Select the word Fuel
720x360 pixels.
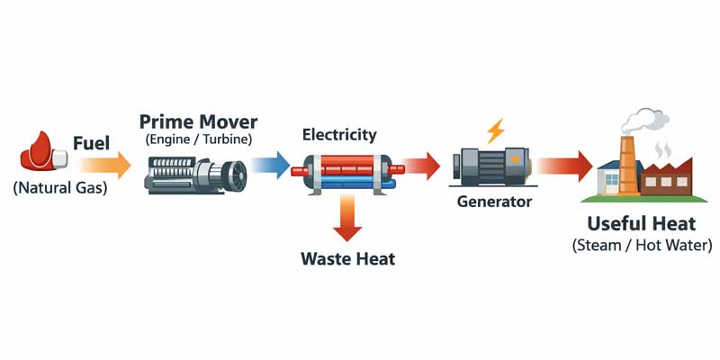(x=92, y=143)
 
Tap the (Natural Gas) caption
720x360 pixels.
(x=59, y=188)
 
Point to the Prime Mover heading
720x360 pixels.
(x=198, y=121)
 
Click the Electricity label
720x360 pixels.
(x=339, y=135)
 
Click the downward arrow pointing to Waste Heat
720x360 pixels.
(x=347, y=219)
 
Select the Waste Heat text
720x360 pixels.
(x=347, y=259)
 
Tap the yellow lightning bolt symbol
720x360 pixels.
(x=495, y=132)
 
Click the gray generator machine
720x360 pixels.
(x=491, y=167)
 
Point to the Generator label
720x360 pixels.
(x=494, y=202)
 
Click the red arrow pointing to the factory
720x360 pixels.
(x=564, y=166)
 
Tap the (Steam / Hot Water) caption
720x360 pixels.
(x=642, y=245)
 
